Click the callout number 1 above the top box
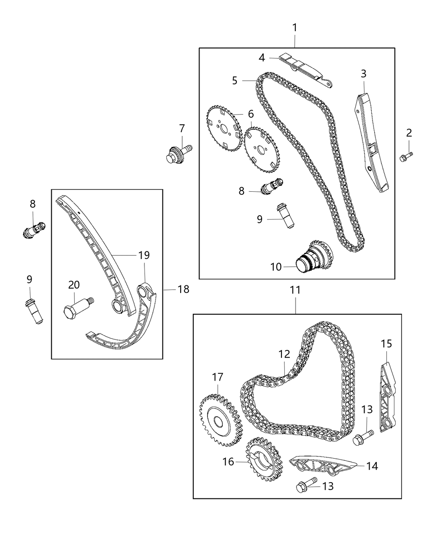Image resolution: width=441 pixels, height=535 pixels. (295, 28)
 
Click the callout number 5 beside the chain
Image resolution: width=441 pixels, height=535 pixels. (234, 80)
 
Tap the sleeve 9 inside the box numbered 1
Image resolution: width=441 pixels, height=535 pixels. (284, 216)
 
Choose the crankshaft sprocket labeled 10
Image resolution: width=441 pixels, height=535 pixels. (313, 258)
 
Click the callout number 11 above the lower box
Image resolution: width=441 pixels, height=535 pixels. (295, 290)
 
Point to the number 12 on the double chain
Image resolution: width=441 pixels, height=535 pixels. (284, 354)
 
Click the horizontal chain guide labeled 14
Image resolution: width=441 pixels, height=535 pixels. (323, 466)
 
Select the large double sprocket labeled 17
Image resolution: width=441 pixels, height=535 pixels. (219, 420)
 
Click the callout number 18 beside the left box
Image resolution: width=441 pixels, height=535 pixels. (183, 289)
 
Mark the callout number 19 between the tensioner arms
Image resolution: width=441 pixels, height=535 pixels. (144, 255)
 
